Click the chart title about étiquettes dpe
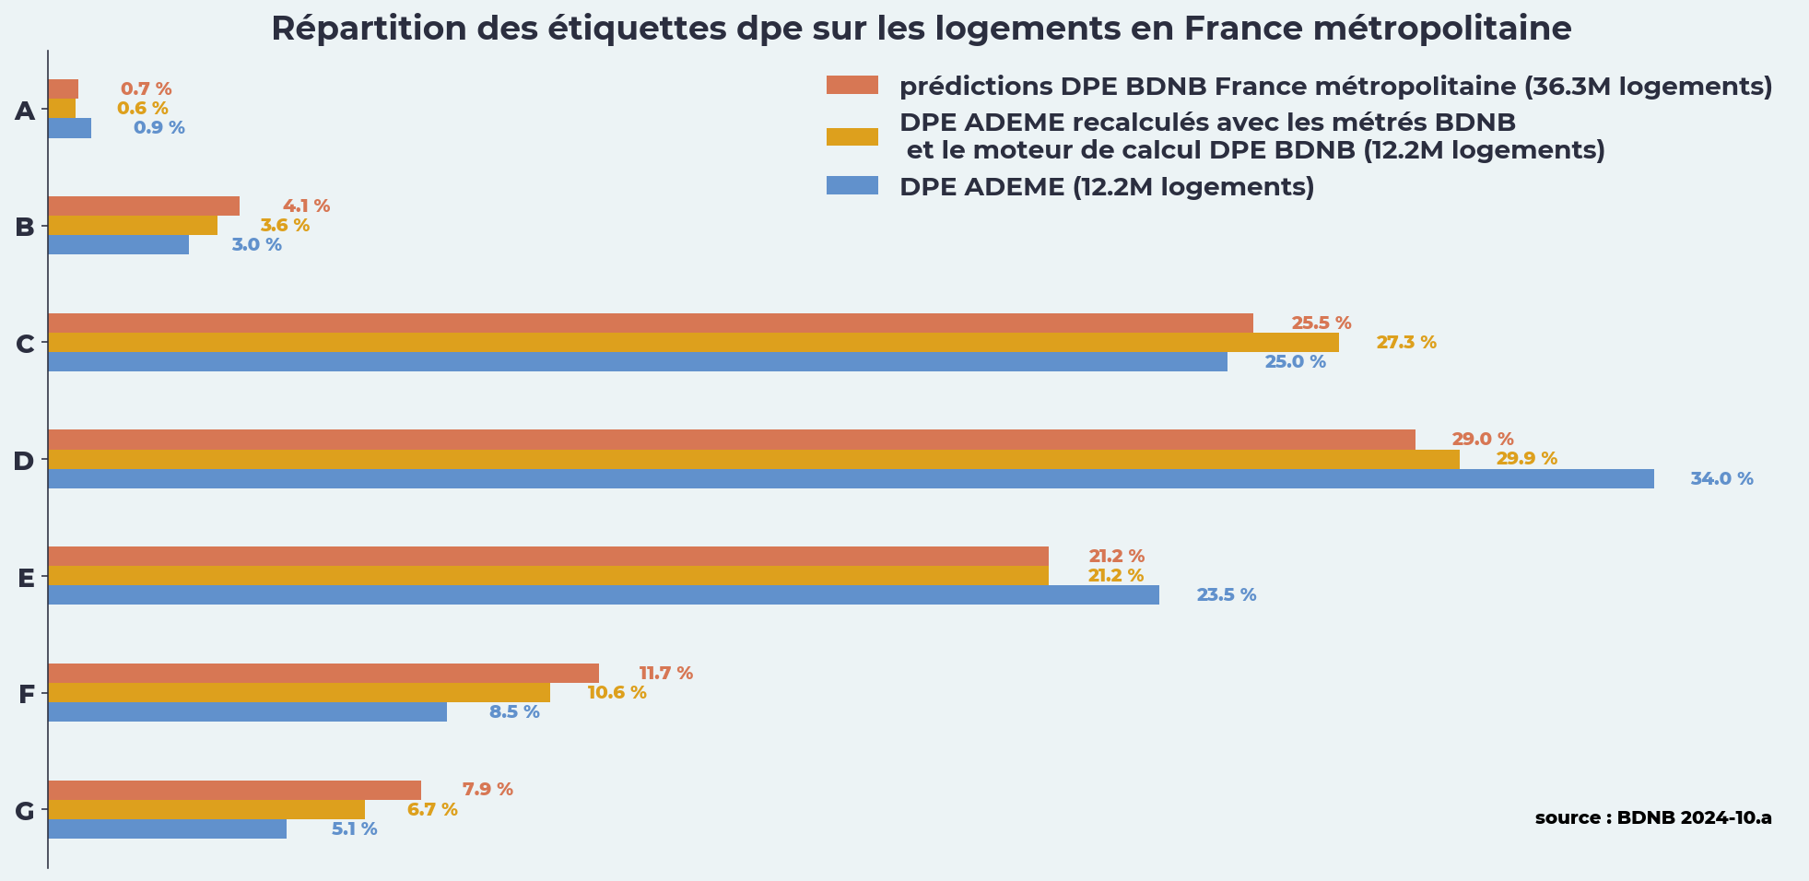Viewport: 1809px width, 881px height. tap(921, 29)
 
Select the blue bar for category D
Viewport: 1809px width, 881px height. tap(851, 479)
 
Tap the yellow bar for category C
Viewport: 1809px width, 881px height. tap(693, 343)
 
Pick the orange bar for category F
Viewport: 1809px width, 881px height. tap(323, 674)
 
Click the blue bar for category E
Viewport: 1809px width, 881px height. tap(604, 595)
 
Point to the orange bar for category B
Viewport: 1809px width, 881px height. tap(144, 206)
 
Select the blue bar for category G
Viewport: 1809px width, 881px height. tap(167, 829)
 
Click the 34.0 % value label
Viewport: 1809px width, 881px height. tap(1721, 479)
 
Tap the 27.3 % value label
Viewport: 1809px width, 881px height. tap(1406, 343)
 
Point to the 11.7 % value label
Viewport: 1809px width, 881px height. tap(665, 674)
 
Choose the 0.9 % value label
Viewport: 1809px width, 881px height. tap(159, 128)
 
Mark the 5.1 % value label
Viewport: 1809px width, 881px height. tap(354, 829)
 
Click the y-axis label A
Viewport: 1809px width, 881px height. tap(25, 112)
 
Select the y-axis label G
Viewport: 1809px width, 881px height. tap(25, 812)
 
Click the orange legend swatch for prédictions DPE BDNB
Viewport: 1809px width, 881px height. tap(852, 86)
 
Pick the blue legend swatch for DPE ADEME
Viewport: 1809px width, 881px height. tap(852, 186)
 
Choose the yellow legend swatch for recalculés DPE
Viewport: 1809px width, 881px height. tap(852, 136)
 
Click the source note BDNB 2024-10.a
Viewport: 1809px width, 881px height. tap(1653, 818)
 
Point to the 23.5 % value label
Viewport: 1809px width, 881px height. tap(1226, 595)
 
